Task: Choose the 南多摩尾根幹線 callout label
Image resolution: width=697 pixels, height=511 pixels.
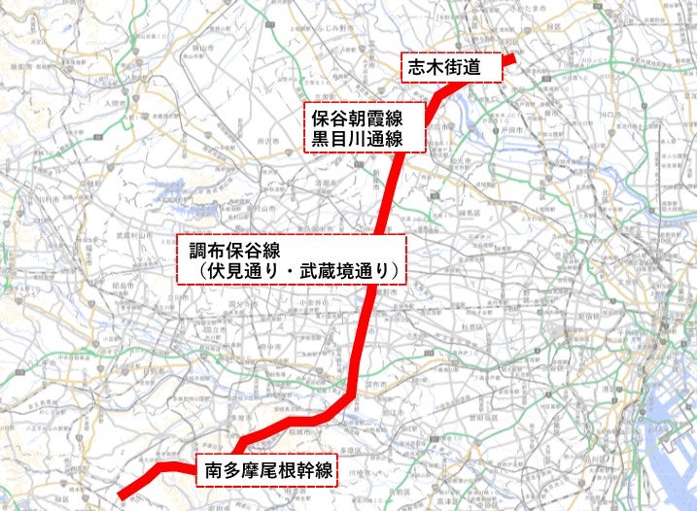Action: click(x=268, y=471)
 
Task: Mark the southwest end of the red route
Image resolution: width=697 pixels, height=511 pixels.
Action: click(x=120, y=497)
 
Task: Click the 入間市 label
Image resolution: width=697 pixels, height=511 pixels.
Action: click(x=115, y=100)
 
